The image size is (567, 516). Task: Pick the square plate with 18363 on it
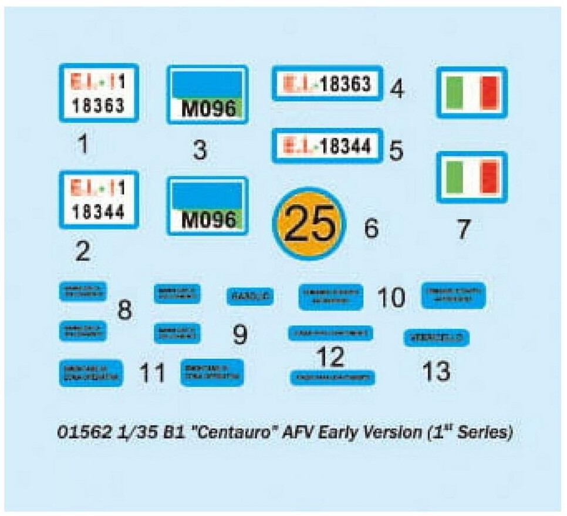point(99,94)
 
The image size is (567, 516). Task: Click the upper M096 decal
point(208,95)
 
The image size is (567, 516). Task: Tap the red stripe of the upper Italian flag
point(489,93)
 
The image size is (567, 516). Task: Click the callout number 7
point(464,230)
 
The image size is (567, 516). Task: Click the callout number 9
point(239,335)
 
